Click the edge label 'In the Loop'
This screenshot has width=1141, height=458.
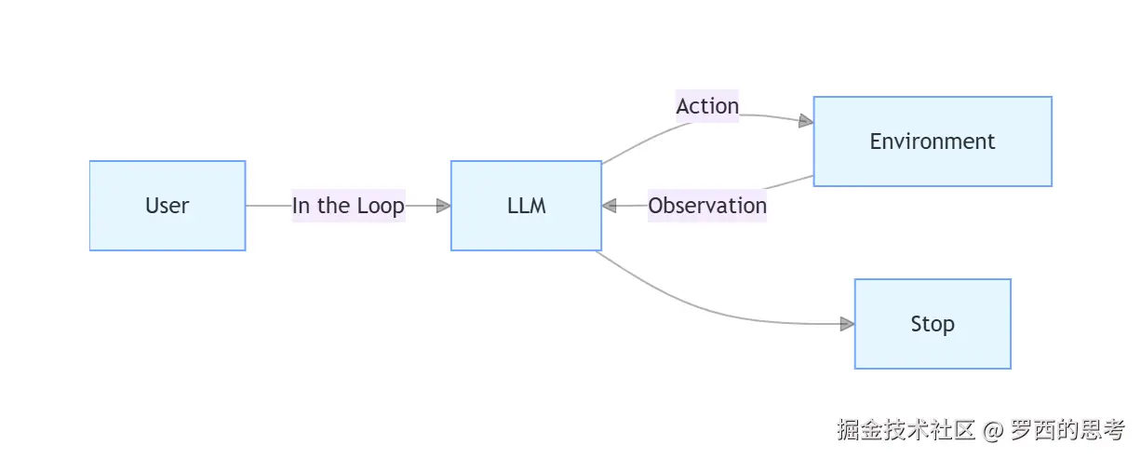tap(348, 206)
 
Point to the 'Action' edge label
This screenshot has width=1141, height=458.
tap(707, 106)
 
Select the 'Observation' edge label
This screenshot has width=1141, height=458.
tap(707, 206)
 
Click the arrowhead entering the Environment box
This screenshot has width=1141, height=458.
tap(806, 121)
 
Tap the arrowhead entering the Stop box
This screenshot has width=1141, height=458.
tap(847, 324)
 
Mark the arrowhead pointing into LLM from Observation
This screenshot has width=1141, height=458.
tap(610, 206)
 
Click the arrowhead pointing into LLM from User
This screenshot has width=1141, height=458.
tap(443, 206)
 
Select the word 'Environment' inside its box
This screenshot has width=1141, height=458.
tap(933, 141)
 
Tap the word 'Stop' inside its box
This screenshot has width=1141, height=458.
tap(933, 324)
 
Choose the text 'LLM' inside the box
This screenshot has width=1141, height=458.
tap(526, 206)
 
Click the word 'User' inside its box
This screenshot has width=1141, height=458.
tap(168, 206)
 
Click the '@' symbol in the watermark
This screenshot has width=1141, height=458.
tap(993, 430)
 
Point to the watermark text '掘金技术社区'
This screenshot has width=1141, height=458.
tap(906, 430)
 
